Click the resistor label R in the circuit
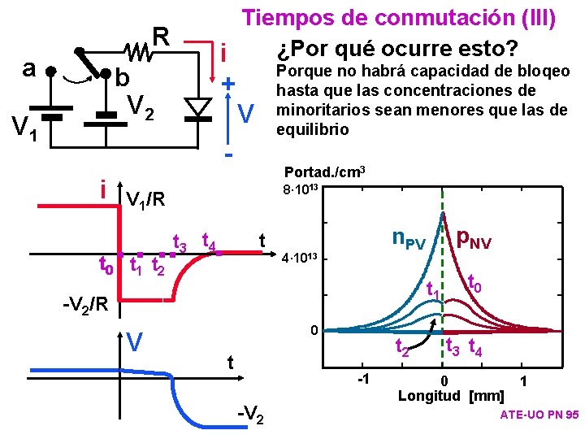tap(160, 36)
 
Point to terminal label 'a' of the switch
tap(29, 68)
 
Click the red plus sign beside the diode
tap(229, 84)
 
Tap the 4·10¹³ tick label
tap(301, 259)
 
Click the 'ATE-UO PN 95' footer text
tap(539, 415)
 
